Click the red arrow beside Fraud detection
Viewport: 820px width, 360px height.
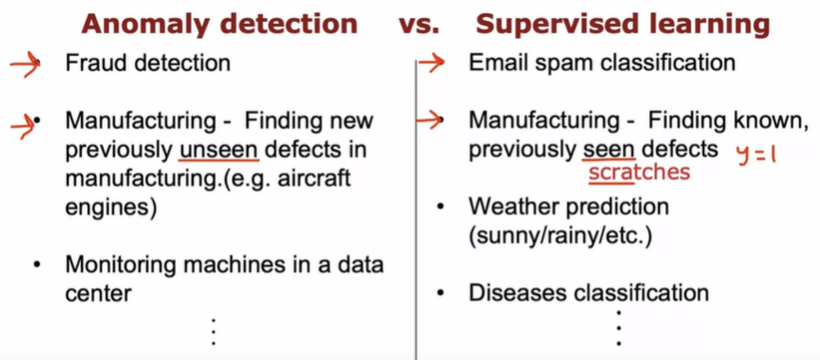(25, 64)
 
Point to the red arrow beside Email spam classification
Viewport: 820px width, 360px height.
(432, 63)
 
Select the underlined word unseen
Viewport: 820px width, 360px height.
(219, 150)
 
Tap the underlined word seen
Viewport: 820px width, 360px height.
(609, 150)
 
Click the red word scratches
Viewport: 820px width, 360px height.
(639, 172)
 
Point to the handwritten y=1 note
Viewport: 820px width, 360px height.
(756, 155)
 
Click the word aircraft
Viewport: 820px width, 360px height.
(314, 178)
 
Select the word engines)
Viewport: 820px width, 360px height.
(111, 208)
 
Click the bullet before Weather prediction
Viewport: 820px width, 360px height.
(441, 207)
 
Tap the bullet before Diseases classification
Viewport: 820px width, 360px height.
(441, 293)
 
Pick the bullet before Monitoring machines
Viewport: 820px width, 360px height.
(37, 265)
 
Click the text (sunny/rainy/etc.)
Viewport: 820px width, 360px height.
(560, 236)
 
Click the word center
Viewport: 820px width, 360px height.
(98, 293)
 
